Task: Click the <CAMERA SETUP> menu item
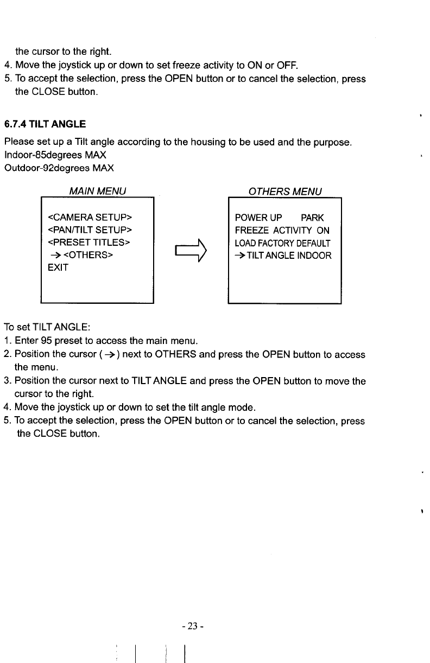coord(91,218)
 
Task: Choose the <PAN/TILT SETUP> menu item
coord(91,231)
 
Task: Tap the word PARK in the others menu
coord(312,218)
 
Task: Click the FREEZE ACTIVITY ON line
coord(282,231)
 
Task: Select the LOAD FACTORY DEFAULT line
coord(282,243)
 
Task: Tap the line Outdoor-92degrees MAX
coord(59,168)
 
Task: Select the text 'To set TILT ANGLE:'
coord(47,328)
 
